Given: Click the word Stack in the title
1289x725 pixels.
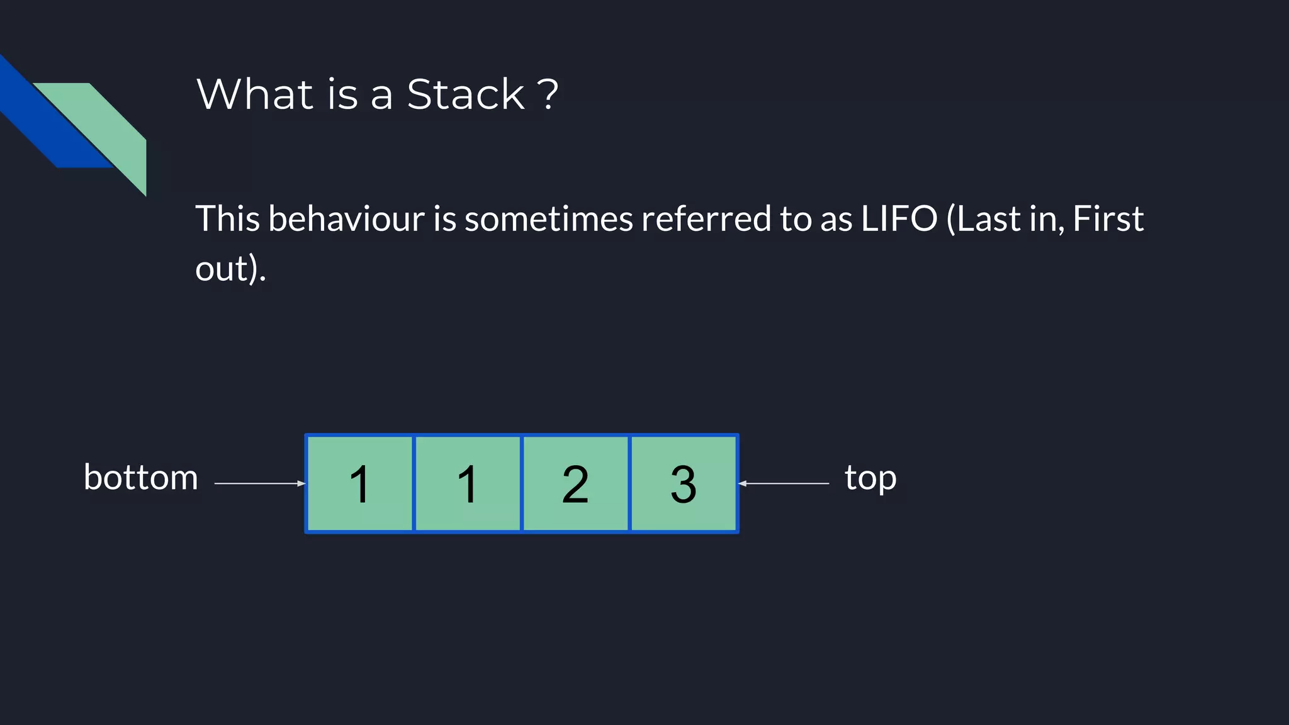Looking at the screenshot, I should (465, 94).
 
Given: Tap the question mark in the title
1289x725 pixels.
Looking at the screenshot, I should (548, 94).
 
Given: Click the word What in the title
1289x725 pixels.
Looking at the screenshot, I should (255, 94).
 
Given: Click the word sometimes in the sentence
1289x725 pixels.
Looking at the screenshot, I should (548, 219).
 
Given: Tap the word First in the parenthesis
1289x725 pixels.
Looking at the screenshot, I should (1108, 219).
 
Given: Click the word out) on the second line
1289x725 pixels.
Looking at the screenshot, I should (230, 269).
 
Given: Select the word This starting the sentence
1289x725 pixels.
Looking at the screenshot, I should (227, 219).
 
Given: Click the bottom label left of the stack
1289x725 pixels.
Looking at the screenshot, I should (141, 478).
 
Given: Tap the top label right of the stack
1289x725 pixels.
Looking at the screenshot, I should (870, 478).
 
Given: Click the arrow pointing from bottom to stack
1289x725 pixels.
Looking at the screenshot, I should (259, 483).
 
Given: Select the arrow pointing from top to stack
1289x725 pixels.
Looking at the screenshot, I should (784, 483).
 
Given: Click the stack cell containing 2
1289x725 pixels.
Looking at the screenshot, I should (575, 483).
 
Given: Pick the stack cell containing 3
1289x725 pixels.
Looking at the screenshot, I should (684, 483).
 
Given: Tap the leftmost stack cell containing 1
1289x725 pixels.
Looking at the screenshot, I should (359, 483).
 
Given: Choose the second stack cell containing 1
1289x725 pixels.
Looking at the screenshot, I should (468, 483).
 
